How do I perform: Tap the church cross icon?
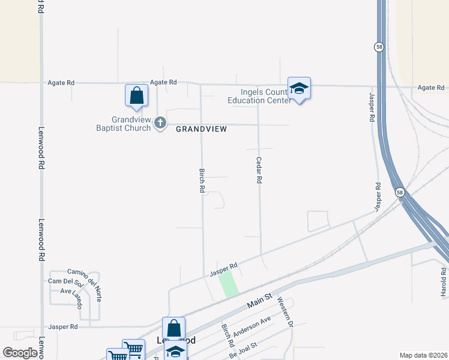click(x=160, y=123)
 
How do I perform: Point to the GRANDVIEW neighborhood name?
click(x=202, y=129)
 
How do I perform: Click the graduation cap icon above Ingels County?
click(x=299, y=89)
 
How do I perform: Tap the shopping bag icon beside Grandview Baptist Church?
click(x=137, y=96)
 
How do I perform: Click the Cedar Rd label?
click(x=259, y=170)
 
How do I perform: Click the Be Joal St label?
click(x=243, y=350)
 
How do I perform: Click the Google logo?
click(x=20, y=353)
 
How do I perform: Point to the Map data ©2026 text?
click(x=423, y=355)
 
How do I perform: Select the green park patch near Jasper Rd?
click(x=228, y=283)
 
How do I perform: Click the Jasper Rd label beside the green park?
click(x=224, y=269)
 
